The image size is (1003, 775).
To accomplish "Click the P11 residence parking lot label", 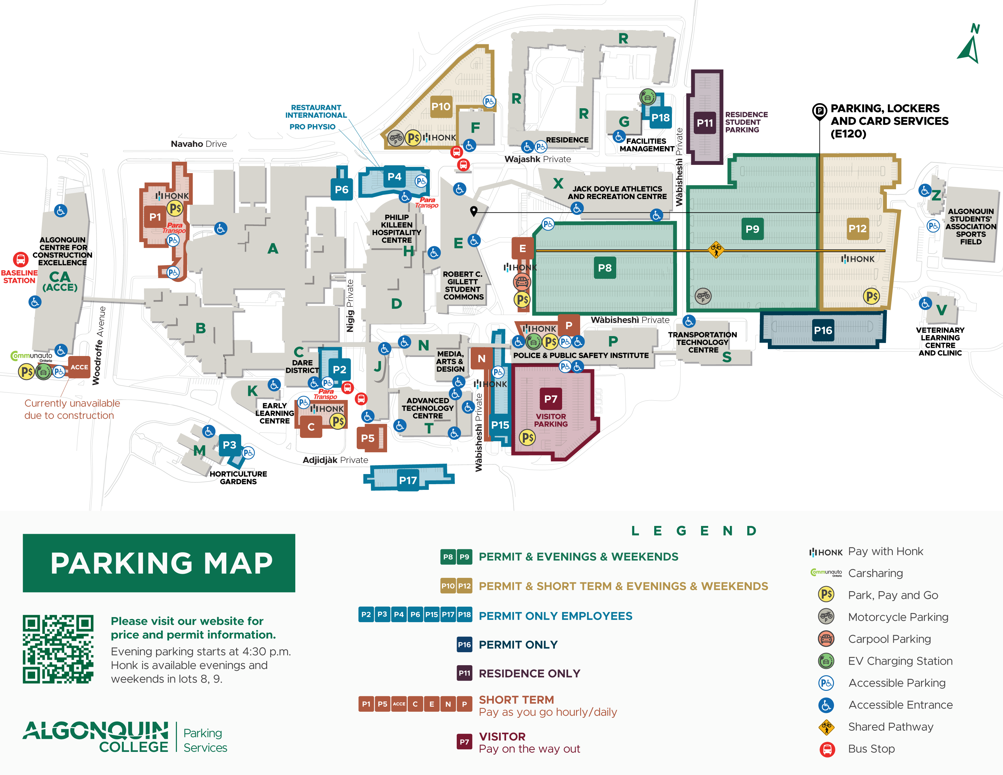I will (x=705, y=123).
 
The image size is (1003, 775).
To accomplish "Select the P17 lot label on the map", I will (x=408, y=480).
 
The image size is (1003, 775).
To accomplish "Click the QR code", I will (x=58, y=649).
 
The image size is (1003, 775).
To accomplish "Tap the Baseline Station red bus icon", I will (x=20, y=259).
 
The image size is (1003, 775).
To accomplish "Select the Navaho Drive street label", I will (x=198, y=144).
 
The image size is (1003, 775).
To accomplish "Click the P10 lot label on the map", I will (x=441, y=107).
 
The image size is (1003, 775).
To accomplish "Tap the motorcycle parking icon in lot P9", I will (x=703, y=296).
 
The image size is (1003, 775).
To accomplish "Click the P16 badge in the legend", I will (x=464, y=645).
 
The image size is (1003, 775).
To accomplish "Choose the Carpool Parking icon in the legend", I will (x=826, y=639).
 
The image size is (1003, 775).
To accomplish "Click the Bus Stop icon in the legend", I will (x=827, y=749).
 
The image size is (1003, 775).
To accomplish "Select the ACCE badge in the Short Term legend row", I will (x=398, y=704).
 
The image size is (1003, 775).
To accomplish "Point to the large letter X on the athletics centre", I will (x=558, y=183).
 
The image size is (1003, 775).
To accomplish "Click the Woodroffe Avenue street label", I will (x=100, y=345).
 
